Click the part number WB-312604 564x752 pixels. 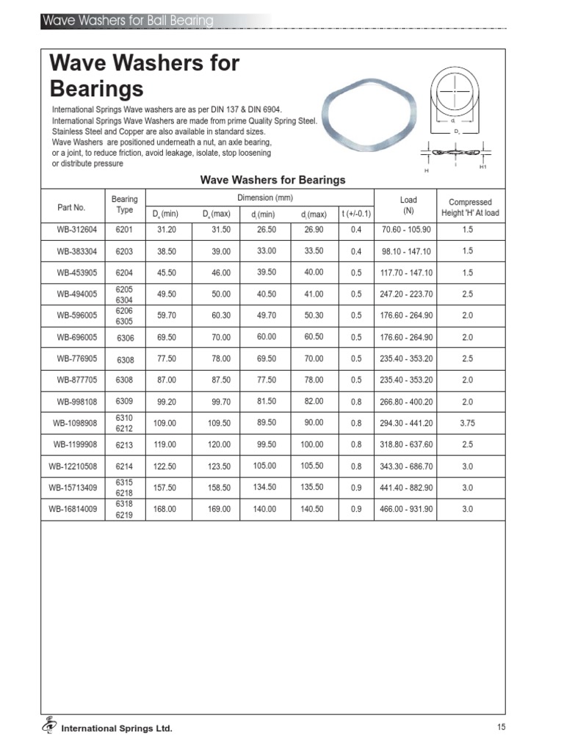(x=71, y=230)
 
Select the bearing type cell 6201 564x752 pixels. (x=124, y=230)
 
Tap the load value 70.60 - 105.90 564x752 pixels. (x=407, y=230)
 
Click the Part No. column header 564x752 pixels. (x=71, y=207)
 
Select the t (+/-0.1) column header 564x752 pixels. (x=356, y=214)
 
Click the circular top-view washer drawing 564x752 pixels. (x=456, y=91)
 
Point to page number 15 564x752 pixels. (x=501, y=727)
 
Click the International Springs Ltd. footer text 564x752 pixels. (x=117, y=728)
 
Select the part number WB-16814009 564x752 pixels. (x=71, y=509)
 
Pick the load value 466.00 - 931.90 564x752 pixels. (x=407, y=509)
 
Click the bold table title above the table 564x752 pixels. (x=272, y=180)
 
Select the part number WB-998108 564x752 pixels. (x=71, y=402)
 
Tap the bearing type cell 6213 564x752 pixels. (x=124, y=445)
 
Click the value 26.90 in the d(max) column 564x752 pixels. (x=313, y=229)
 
